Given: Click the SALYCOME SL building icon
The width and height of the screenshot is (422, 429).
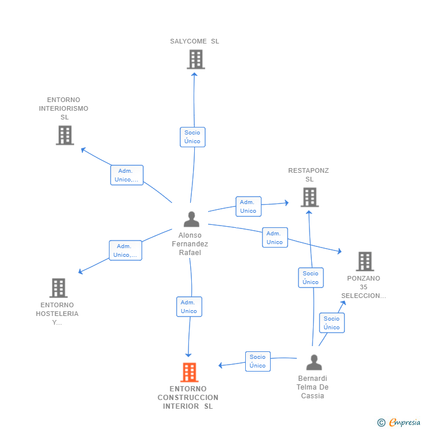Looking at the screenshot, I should [x=196, y=59].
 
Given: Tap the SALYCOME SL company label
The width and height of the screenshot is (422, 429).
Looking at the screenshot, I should [x=195, y=41].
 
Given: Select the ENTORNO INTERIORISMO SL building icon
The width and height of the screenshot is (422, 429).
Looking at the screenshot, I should [x=65, y=135].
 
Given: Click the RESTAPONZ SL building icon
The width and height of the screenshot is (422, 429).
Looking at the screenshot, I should [x=310, y=197].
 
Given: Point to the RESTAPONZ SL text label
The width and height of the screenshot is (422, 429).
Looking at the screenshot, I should [x=309, y=174].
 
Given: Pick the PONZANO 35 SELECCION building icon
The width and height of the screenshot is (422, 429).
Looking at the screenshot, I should [x=365, y=261].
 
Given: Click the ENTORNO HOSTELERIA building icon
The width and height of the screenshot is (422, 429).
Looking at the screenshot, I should [x=59, y=288].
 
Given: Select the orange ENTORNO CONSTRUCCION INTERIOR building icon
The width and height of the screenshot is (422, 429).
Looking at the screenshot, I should [x=189, y=372].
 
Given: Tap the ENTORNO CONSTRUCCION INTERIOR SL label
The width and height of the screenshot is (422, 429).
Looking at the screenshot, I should [x=188, y=398].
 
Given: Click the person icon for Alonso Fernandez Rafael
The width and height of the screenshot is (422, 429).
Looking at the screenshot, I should [x=191, y=219].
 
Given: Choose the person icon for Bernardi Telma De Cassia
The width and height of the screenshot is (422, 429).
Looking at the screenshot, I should [x=314, y=363].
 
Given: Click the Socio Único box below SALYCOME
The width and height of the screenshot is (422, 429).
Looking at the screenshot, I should [x=192, y=137].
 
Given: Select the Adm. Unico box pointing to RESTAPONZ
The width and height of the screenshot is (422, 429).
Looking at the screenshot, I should [x=248, y=206].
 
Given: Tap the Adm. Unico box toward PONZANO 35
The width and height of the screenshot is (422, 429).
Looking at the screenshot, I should [x=275, y=238].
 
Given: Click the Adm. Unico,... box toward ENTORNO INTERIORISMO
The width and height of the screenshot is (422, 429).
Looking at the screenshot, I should [x=126, y=175].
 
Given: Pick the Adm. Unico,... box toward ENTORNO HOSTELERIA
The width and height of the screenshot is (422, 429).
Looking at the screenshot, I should [x=125, y=250].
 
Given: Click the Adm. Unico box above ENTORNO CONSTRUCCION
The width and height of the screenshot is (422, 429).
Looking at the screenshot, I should [x=189, y=307].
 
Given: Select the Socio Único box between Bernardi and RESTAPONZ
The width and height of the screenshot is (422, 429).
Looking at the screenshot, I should [x=311, y=278].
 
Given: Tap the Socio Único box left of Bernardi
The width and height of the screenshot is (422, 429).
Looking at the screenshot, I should [x=258, y=361].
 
